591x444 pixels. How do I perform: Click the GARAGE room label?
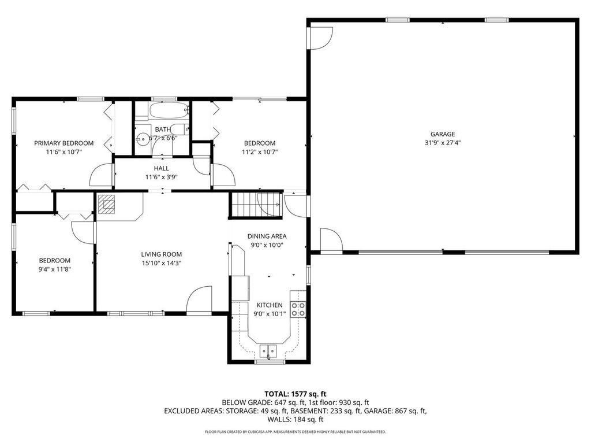443,134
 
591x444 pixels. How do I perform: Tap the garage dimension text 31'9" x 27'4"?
443,143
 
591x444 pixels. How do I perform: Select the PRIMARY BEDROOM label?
63,143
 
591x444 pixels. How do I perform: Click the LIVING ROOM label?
162,254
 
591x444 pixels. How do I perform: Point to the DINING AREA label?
267,236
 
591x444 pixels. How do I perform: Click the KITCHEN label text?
270,305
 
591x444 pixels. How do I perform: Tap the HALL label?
162,168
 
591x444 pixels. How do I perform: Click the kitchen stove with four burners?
298,309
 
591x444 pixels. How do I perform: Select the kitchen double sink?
268,350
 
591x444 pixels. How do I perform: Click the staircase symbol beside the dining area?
256,204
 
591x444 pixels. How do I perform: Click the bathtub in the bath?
169,109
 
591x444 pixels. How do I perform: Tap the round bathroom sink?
142,139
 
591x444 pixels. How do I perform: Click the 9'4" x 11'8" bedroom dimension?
55,269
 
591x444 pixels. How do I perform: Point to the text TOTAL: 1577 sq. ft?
295,394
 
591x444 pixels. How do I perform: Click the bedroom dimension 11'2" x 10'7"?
260,152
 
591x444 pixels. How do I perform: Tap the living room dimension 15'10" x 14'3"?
162,262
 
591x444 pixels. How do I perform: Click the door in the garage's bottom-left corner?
331,240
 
